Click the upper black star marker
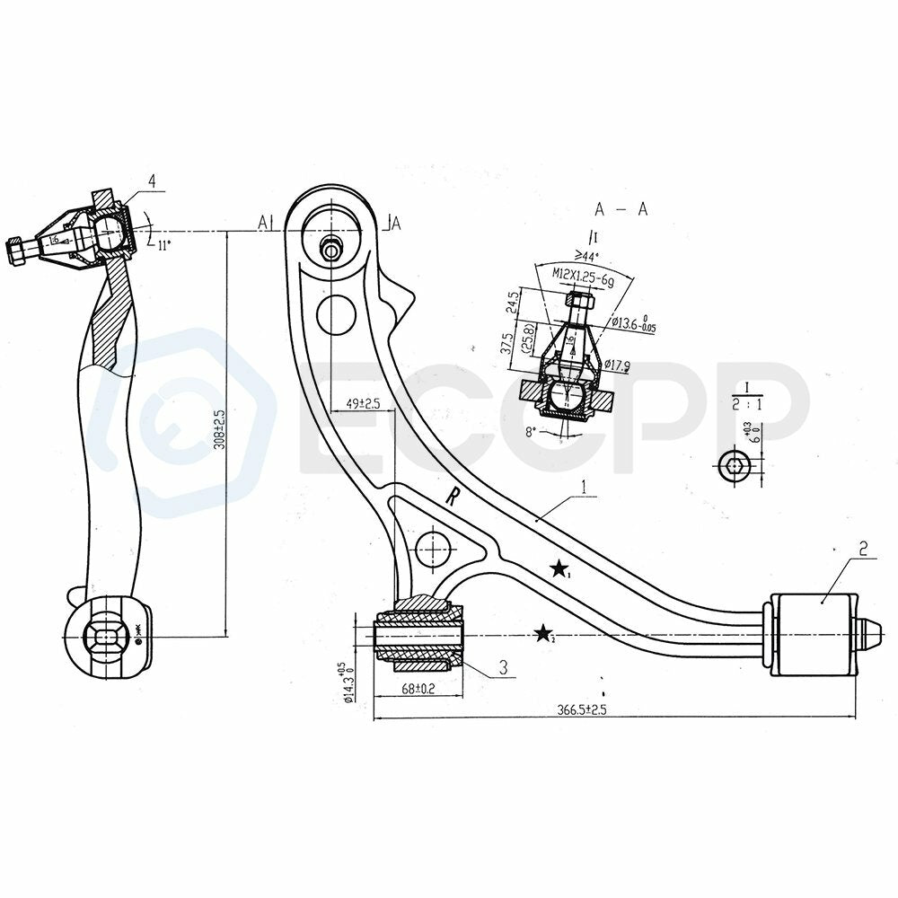coord(559,568)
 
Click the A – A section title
coord(620,209)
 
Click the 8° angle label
coord(532,431)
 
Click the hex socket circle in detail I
coord(732,464)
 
